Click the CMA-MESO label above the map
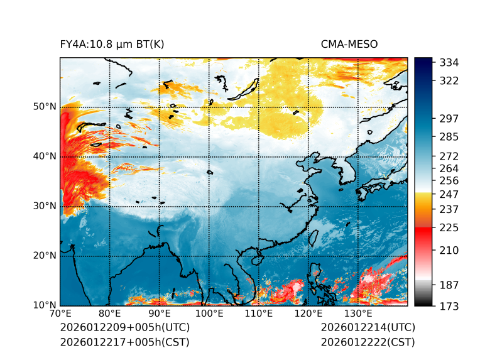coord(349,44)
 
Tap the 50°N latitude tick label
coord(44,107)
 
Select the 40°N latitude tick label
coord(44,156)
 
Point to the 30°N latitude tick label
coord(44,206)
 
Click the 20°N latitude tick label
coord(44,256)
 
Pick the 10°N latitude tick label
coord(44,305)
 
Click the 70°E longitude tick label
coord(60,314)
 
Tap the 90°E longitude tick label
coord(159,314)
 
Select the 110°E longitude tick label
coord(258,314)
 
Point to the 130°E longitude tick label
coord(357,314)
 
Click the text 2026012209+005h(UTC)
coord(124,327)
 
